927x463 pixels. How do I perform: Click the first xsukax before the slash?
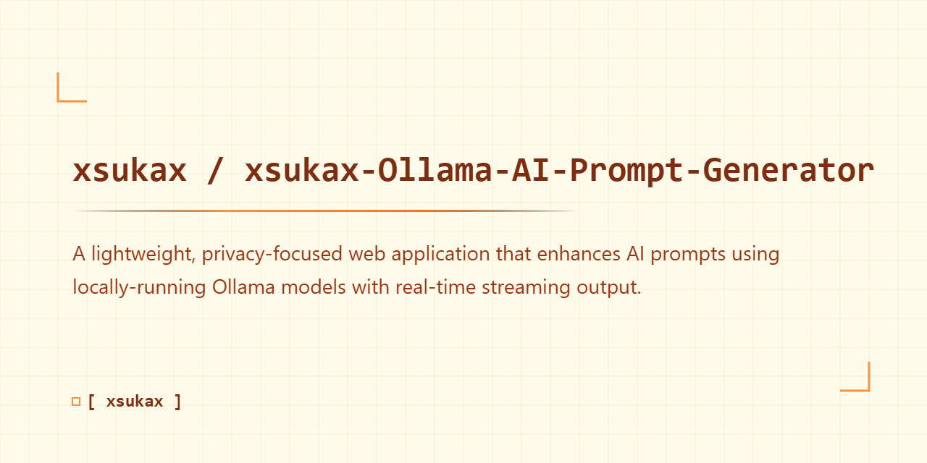130,171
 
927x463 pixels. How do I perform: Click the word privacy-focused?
274,255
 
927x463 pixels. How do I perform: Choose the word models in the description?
314,287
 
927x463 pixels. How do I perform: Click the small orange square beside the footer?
76,402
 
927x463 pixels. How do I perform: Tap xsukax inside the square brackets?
135,402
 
